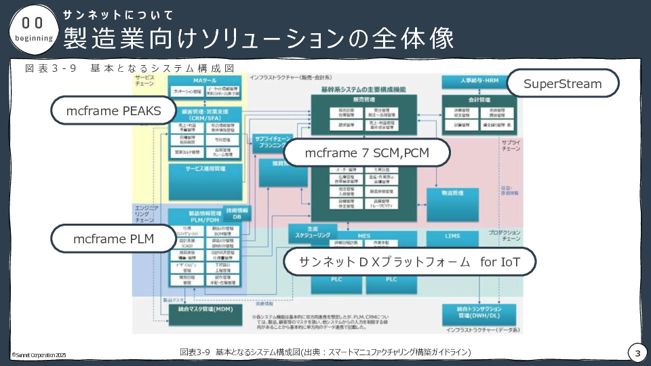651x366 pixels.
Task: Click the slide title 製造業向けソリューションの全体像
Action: point(258,39)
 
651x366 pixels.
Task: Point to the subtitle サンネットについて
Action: point(119,15)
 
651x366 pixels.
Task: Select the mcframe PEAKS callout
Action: point(113,110)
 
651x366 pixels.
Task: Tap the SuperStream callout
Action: point(563,84)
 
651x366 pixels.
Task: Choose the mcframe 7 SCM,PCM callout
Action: point(367,153)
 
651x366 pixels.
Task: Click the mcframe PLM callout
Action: point(113,239)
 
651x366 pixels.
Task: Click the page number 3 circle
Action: point(637,353)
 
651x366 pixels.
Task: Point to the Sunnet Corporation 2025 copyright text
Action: point(39,354)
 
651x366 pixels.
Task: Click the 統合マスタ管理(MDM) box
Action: point(205,310)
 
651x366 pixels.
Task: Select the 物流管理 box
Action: point(452,193)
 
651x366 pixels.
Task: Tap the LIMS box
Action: point(452,236)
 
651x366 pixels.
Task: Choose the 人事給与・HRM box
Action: point(479,81)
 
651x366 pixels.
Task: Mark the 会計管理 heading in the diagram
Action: point(479,100)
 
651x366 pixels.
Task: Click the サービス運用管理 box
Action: point(205,167)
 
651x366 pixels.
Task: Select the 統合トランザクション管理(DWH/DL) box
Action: point(479,312)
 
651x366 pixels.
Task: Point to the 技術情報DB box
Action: point(237,213)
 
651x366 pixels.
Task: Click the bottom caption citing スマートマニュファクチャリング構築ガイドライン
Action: point(325,352)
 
